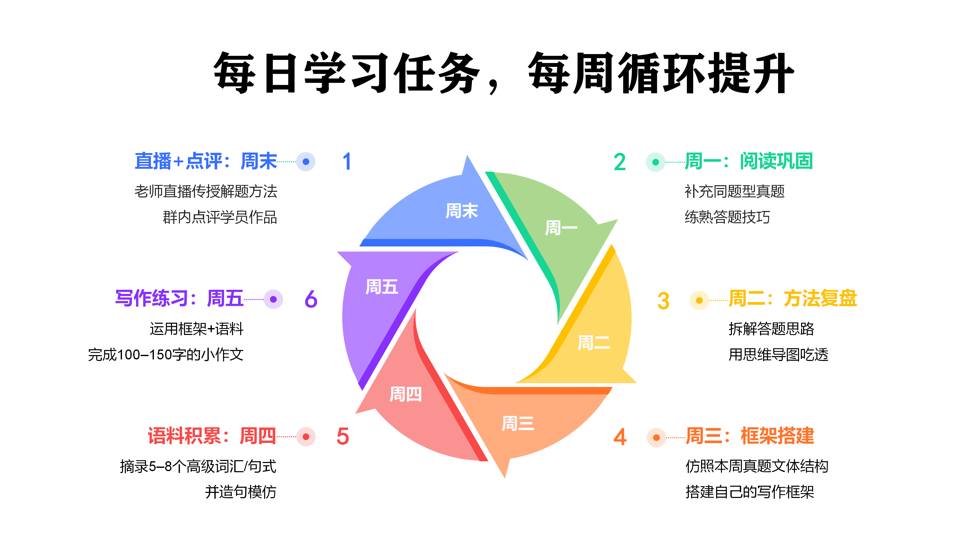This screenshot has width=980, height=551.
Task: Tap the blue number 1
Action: (x=347, y=162)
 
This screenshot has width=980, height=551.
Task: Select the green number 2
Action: (x=619, y=162)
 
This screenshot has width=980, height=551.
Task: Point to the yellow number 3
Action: (x=663, y=301)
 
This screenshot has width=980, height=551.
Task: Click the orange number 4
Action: (x=620, y=437)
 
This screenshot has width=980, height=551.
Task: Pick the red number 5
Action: (x=342, y=436)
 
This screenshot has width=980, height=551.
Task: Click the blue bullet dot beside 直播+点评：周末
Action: (x=306, y=162)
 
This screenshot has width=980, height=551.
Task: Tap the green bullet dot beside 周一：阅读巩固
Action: (x=655, y=162)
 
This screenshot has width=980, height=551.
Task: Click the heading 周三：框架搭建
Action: (x=750, y=436)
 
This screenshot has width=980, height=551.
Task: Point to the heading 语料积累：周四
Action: (x=212, y=436)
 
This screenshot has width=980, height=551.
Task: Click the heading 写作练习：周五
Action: (x=179, y=298)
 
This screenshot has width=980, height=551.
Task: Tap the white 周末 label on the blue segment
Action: (x=461, y=211)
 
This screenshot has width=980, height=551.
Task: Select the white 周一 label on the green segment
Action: (x=561, y=228)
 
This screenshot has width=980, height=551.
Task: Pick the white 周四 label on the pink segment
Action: (x=406, y=394)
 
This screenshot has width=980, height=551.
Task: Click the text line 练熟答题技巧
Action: (x=727, y=217)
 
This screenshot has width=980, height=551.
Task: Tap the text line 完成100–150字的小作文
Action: (x=165, y=355)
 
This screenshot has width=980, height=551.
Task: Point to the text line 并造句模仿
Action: (x=240, y=492)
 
